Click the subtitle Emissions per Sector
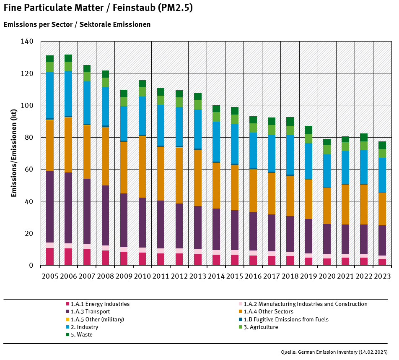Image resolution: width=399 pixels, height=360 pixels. pyautogui.click(x=77, y=25)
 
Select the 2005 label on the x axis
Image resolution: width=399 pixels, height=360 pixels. pyautogui.click(x=50, y=276)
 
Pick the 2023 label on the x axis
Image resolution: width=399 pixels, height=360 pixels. pyautogui.click(x=382, y=276)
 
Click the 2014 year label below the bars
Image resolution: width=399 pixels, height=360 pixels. pyautogui.click(x=216, y=276)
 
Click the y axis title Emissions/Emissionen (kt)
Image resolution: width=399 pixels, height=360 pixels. pyautogui.click(x=13, y=153)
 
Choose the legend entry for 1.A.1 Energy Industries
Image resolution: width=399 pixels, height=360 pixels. pyautogui.click(x=100, y=304)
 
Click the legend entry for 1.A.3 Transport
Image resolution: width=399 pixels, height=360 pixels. pyautogui.click(x=90, y=312)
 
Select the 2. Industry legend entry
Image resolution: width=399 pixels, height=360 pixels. pyautogui.click(x=84, y=327)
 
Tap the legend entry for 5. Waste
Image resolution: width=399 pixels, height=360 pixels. pyautogui.click(x=81, y=335)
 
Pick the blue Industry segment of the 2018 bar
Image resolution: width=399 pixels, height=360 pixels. pyautogui.click(x=290, y=154)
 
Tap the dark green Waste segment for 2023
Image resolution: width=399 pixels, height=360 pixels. pyautogui.click(x=382, y=145)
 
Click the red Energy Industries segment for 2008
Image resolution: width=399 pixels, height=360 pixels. pyautogui.click(x=105, y=258)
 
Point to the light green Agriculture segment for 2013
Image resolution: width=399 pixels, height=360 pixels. pyautogui.click(x=198, y=104)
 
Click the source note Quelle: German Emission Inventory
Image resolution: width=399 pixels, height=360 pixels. pyautogui.click(x=334, y=352)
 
